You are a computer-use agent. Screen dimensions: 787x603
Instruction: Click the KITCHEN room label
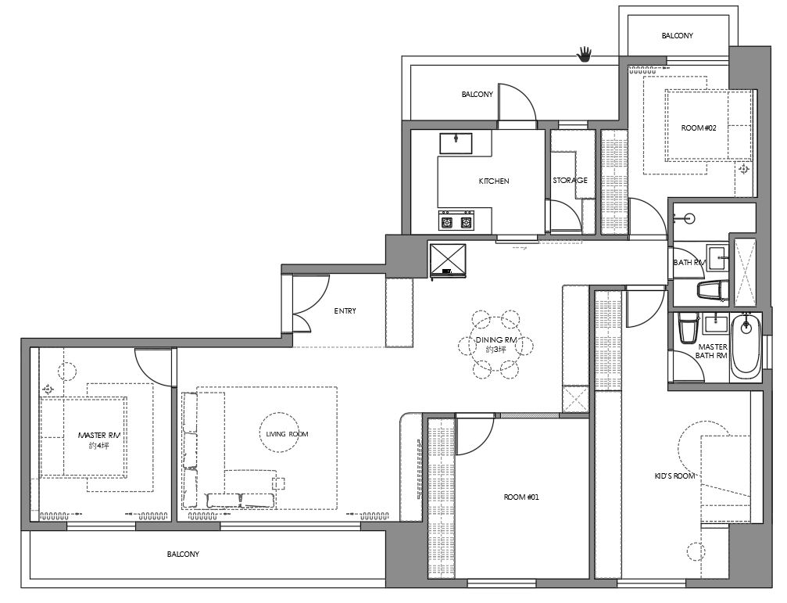pos(494,181)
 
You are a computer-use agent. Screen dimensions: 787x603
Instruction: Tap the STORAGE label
pos(571,180)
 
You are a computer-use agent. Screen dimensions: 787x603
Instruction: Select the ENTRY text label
pos(345,310)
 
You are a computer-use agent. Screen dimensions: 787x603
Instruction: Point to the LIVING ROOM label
pos(287,434)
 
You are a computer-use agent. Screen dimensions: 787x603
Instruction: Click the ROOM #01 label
pos(521,497)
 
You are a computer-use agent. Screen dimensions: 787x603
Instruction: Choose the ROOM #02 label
pos(698,128)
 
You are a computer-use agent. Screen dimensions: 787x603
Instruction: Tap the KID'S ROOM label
pos(674,476)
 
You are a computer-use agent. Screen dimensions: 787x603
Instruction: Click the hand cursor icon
pos(585,54)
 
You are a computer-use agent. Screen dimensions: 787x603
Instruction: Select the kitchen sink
pos(456,143)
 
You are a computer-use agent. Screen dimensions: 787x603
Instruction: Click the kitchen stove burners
pos(456,221)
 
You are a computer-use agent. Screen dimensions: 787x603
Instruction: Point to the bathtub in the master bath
pos(746,346)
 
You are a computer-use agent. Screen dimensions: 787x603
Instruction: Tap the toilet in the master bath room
pos(688,328)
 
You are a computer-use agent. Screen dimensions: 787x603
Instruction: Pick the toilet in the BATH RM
pos(713,291)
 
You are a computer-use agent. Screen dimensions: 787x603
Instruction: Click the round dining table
pos(496,344)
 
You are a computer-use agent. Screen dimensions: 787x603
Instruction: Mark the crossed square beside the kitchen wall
pos(447,260)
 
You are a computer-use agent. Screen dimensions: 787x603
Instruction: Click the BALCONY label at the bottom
pos(183,554)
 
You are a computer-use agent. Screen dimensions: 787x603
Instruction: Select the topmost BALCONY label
pos(677,36)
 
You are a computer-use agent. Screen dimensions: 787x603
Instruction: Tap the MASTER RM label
pos(99,435)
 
